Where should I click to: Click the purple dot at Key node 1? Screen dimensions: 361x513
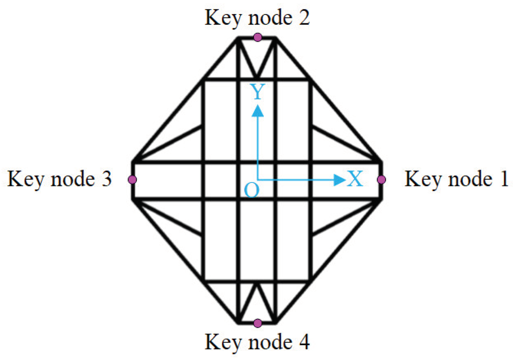click(381, 179)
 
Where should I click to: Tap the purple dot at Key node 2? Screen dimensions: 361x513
click(257, 37)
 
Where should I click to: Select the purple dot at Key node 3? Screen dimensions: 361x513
click(132, 179)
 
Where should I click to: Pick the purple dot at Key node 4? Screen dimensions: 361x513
click(257, 323)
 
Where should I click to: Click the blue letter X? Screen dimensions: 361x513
click(355, 178)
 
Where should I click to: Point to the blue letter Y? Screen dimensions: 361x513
click(257, 92)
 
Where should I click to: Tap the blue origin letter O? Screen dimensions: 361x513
click(251, 190)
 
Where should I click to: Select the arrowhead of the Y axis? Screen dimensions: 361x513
click(257, 111)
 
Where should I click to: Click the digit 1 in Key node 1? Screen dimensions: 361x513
click(504, 178)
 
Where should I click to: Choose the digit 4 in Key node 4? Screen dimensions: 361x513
click(304, 342)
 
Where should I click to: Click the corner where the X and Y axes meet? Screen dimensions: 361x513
click(257, 180)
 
